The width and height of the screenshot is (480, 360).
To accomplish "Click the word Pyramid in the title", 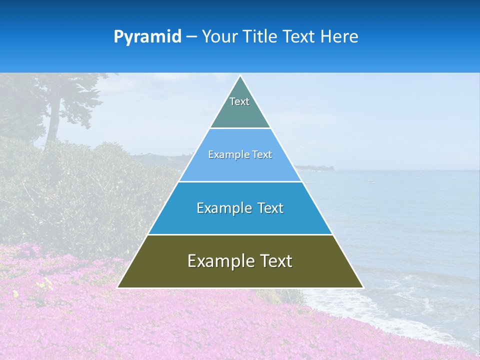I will coord(147,36).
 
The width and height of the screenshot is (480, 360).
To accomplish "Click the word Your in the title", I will coord(217,36).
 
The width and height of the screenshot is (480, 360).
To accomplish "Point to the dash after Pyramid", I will coord(191,37).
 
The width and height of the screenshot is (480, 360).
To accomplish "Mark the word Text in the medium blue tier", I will coord(270,208).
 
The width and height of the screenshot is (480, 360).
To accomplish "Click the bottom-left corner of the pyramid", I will coord(118,287).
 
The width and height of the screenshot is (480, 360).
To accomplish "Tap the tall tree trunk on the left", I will coord(50,125).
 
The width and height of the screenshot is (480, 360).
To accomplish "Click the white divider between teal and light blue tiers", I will coord(240,128).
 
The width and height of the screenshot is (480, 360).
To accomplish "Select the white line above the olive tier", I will coord(240,234).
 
